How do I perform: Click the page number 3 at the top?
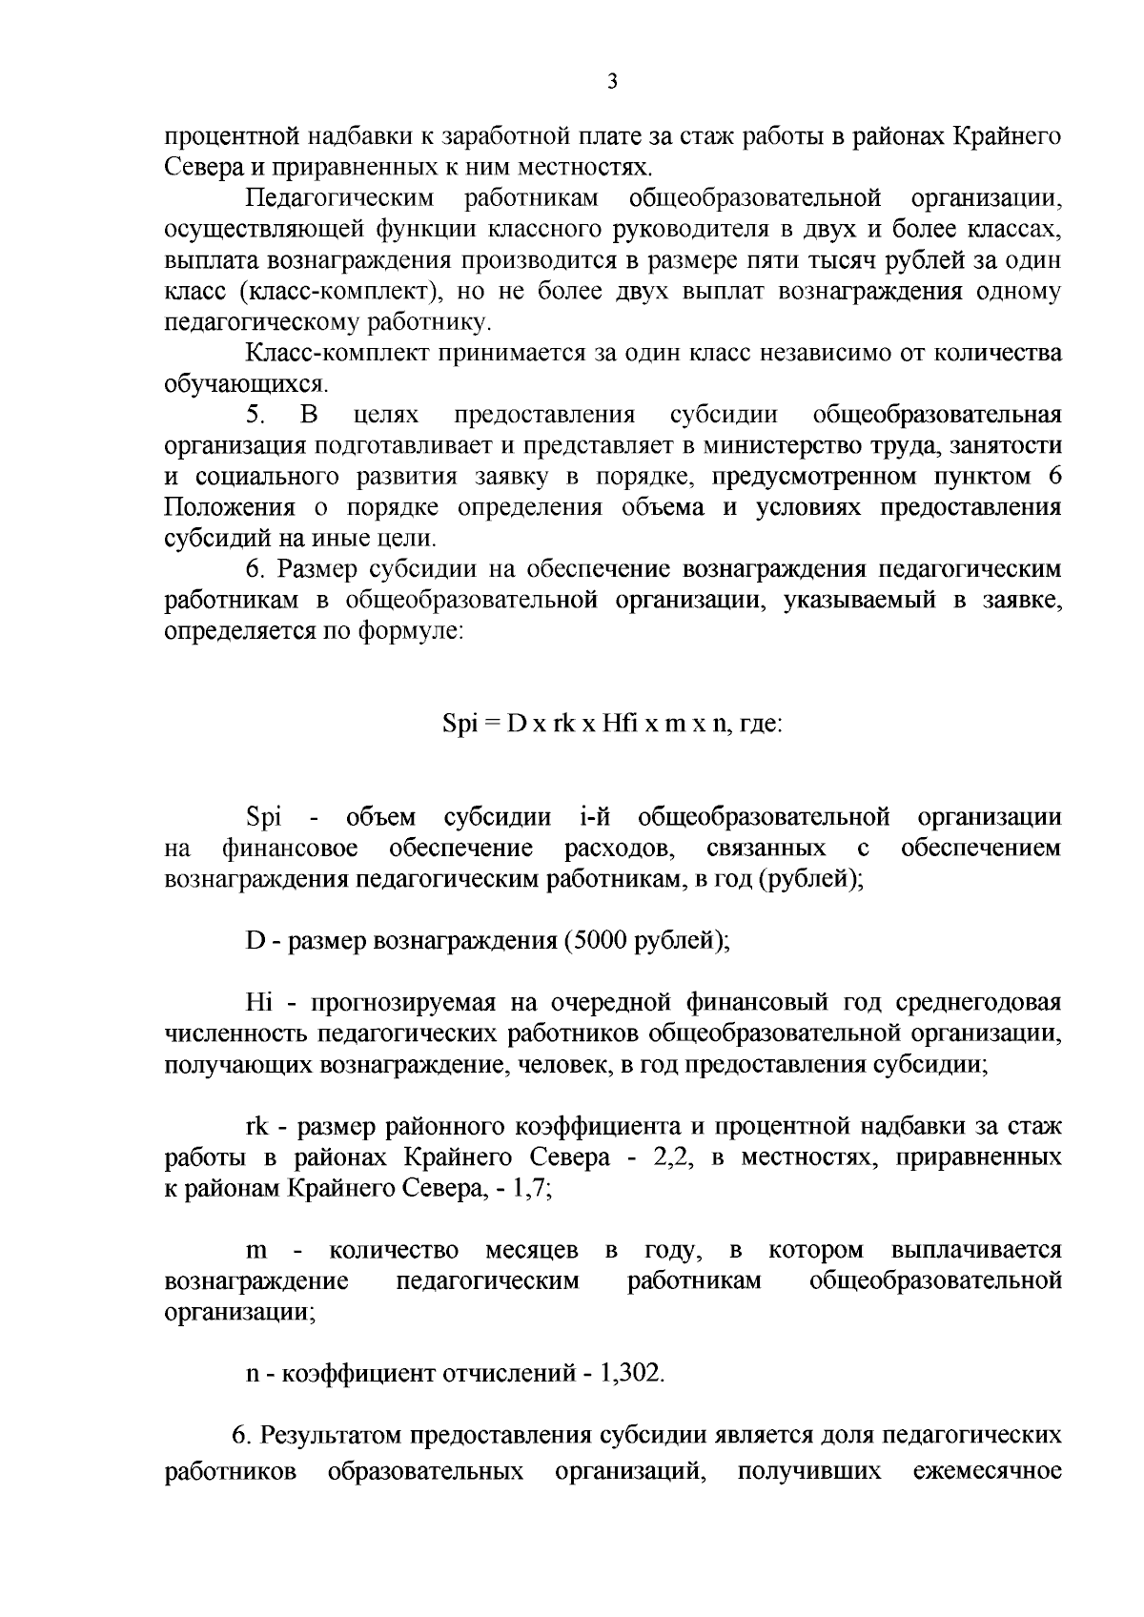[x=612, y=82]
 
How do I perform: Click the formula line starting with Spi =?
[x=613, y=724]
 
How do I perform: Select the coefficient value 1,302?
[x=629, y=1374]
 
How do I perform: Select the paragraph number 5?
[x=254, y=416]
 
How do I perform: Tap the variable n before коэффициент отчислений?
[x=253, y=1375]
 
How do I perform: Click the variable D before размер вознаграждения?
[x=255, y=942]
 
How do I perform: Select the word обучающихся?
[x=245, y=385]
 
